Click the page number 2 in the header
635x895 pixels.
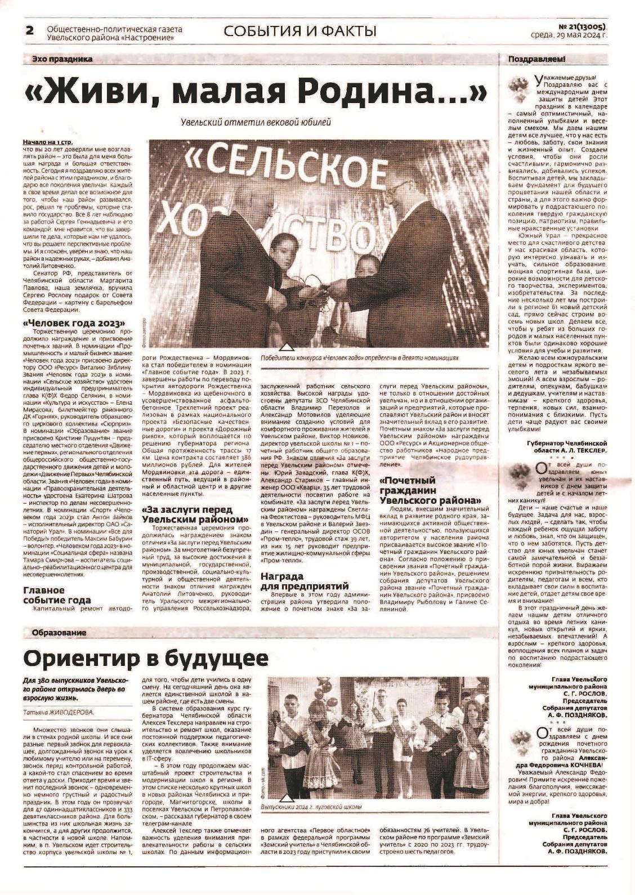tap(29, 30)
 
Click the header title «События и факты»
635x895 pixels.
tap(300, 31)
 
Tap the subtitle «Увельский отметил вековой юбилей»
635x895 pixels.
tap(256, 122)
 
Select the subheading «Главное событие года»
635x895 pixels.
tap(56, 595)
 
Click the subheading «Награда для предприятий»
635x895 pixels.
tap(305, 581)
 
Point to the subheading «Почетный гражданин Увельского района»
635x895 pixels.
tap(431, 490)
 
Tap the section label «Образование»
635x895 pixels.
tap(59, 633)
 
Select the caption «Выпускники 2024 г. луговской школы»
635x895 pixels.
tap(311, 807)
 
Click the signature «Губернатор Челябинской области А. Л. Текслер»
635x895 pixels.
tap(567, 447)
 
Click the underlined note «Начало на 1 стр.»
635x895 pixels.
tap(48, 142)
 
